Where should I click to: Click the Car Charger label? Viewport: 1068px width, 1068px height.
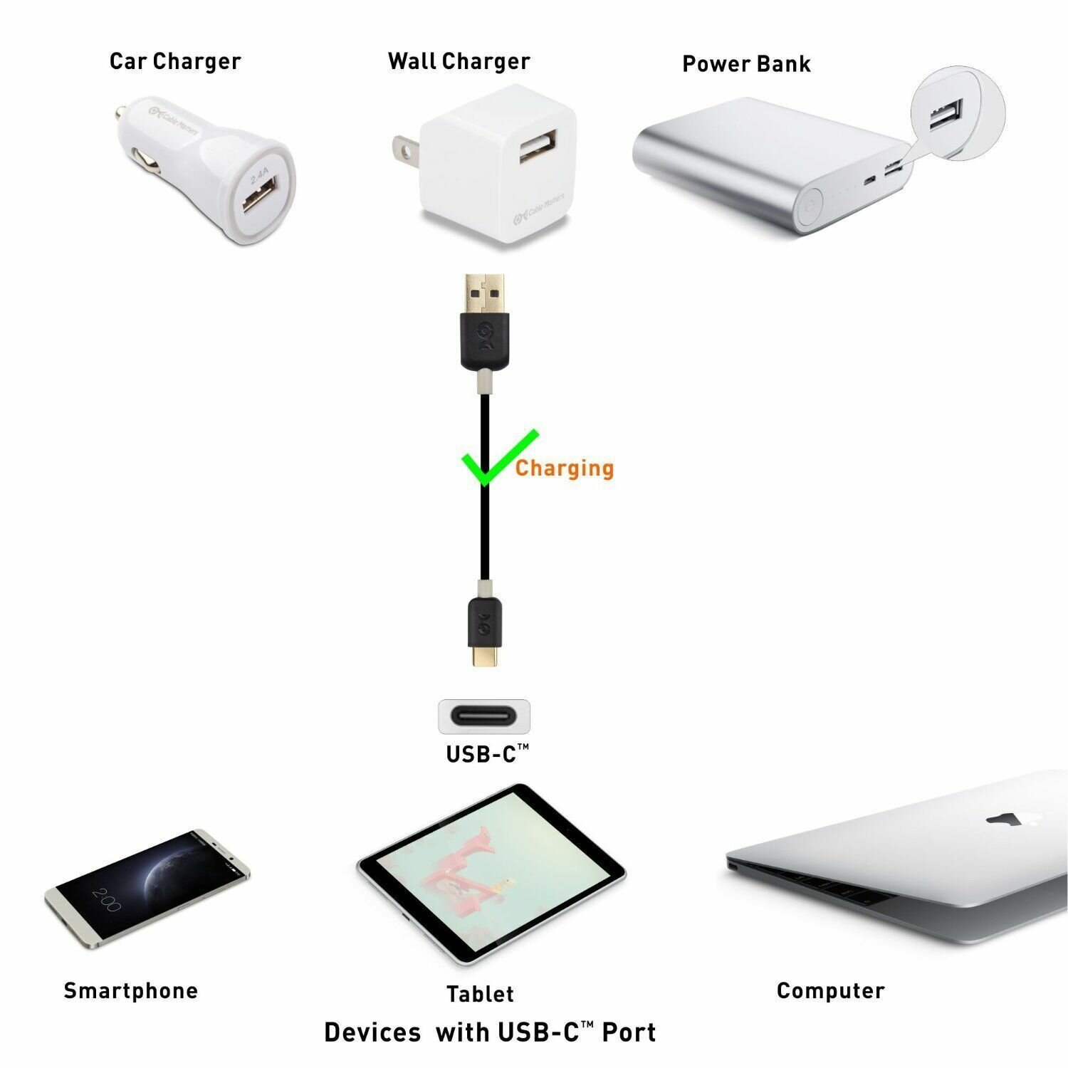175,61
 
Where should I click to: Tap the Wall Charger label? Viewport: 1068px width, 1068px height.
459,61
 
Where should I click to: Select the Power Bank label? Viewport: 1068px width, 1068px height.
746,63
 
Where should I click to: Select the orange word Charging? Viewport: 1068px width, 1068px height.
565,468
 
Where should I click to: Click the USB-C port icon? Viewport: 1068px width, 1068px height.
484,716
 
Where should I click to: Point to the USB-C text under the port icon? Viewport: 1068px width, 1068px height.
488,753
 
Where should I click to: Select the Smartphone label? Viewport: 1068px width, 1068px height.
131,990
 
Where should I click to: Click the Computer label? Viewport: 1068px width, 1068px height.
831,990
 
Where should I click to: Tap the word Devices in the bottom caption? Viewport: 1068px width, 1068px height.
372,1032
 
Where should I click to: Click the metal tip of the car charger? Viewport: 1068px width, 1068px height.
122,112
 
